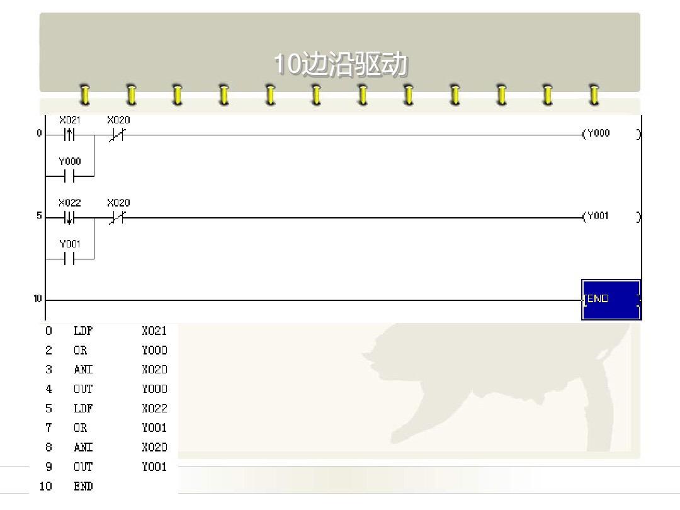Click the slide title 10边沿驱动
click(340, 65)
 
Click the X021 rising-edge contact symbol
click(69, 135)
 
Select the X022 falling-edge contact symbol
click(69, 218)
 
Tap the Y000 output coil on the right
click(597, 133)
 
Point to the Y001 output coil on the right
click(597, 217)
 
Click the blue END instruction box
click(611, 299)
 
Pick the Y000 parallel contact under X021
click(69, 176)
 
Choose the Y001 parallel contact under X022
click(69, 259)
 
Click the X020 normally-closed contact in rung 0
click(118, 135)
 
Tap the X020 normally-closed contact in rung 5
click(118, 218)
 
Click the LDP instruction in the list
click(83, 331)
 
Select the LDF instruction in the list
click(83, 408)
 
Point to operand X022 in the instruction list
click(154, 408)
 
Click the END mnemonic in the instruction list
click(83, 486)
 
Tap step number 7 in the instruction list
click(48, 428)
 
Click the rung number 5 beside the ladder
click(39, 216)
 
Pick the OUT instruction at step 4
click(83, 388)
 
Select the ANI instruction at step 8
click(83, 447)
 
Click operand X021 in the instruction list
click(154, 331)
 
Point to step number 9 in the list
click(48, 467)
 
